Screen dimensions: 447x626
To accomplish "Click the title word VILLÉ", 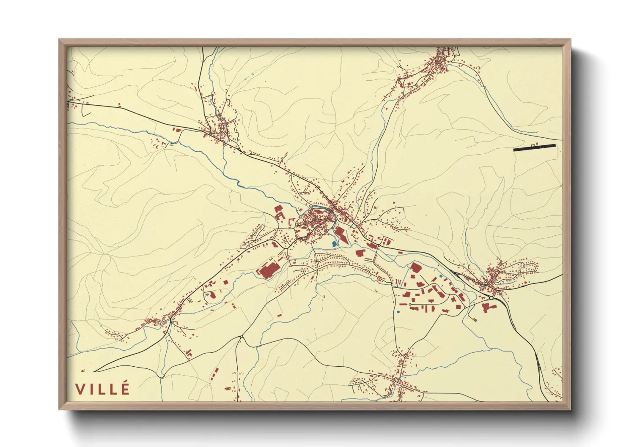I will pos(102,389).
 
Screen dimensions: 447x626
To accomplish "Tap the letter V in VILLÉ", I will pos(80,389).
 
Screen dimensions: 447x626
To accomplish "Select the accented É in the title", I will pos(124,388).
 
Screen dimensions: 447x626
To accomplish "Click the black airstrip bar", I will pos(534,147).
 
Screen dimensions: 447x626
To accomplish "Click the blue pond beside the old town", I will pos(335,244).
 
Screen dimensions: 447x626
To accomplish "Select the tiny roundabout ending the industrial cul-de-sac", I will pos(410,304).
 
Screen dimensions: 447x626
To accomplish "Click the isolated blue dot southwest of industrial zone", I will pos(398,312).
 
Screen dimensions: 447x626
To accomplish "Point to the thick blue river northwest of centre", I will pos(245,186).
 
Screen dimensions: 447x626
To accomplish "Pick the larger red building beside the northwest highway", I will pos(177,130).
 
